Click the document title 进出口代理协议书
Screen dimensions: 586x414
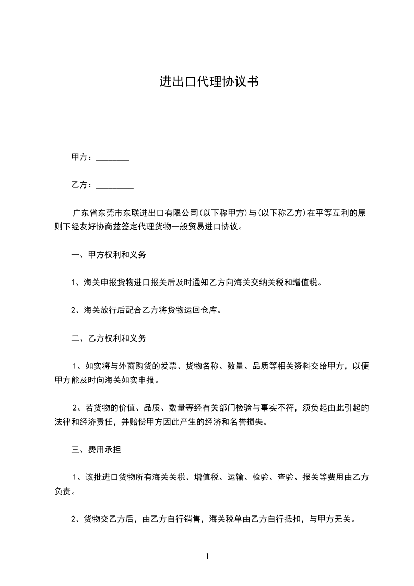[x=209, y=81]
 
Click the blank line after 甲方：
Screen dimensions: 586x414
[x=113, y=158]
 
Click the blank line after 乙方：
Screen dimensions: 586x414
[x=115, y=185]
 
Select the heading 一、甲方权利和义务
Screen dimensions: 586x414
[x=109, y=255]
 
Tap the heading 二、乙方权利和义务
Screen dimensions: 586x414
[x=109, y=338]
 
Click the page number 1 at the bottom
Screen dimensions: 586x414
[x=208, y=556]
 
